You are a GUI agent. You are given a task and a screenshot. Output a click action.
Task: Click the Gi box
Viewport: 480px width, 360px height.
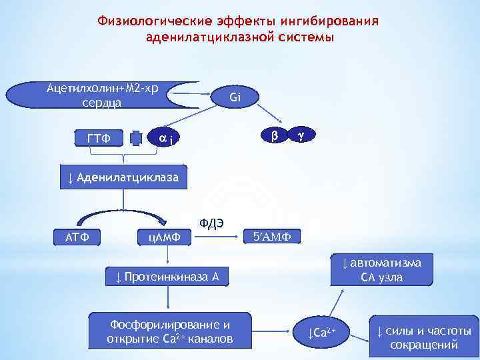pos(234,98)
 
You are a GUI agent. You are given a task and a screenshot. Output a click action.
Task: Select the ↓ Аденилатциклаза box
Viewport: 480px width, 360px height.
pos(123,179)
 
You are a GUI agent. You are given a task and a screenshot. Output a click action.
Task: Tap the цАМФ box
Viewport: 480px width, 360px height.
pos(163,237)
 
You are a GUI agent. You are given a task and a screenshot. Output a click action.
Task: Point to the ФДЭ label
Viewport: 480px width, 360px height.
pos(211,223)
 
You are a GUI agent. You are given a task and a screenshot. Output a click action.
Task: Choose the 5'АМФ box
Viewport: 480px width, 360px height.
pos(272,237)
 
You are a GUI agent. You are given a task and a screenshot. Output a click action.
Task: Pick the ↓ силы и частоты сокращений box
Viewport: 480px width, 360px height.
pos(423,337)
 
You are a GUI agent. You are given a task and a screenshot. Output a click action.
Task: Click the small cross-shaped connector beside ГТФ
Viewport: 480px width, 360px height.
pos(137,138)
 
